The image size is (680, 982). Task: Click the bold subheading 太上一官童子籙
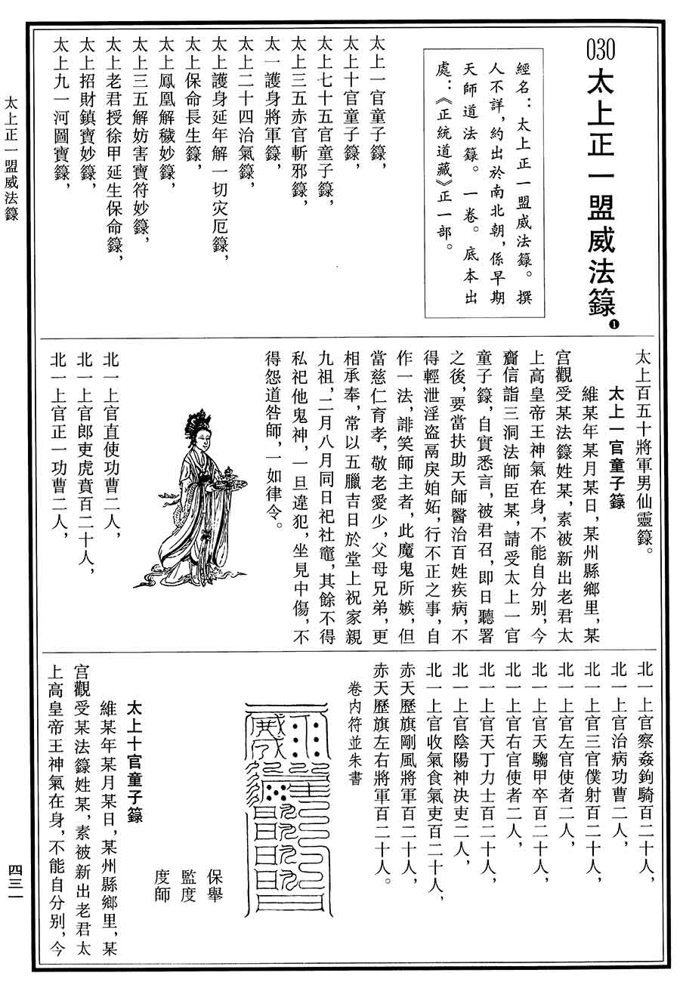tap(616, 446)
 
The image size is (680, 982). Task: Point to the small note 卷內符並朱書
tap(354, 733)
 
